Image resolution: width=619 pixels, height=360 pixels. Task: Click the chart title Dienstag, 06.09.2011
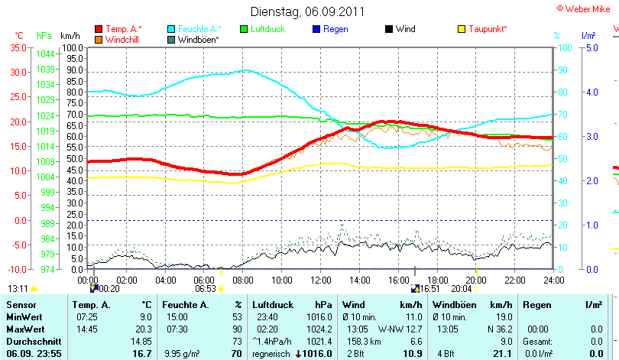pos(308,11)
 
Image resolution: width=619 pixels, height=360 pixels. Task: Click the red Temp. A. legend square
pos(99,29)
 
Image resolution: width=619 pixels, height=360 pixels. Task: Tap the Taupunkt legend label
pos(488,29)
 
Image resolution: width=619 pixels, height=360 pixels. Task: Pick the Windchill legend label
pos(122,39)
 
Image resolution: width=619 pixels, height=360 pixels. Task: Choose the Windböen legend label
pos(198,39)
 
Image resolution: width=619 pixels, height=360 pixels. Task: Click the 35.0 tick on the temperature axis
pos(18,47)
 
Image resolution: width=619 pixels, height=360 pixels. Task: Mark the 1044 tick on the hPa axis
pos(45,54)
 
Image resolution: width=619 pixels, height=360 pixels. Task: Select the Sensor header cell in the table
pos(21,305)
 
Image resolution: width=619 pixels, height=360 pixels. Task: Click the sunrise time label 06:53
pos(206,289)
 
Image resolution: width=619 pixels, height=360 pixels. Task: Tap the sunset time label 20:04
pos(462,289)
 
